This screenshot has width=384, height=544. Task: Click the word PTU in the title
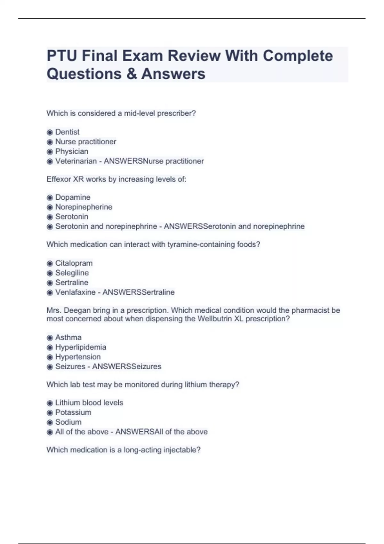pos(62,56)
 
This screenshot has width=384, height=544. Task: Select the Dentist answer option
pos(67,132)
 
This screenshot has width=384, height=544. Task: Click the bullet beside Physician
pos(50,152)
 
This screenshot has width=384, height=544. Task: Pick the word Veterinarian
pos(76,161)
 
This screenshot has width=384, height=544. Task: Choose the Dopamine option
pos(73,197)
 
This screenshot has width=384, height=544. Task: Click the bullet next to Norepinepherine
pos(50,207)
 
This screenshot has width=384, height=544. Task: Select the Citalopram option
pos(74,263)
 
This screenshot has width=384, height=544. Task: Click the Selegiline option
pos(72,273)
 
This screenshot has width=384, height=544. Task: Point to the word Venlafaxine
pos(75,292)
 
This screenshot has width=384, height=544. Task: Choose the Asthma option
pos(68,337)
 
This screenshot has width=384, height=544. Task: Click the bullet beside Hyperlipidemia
pos(50,348)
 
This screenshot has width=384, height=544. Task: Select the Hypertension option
pos(78,357)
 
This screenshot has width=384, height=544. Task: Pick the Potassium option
pos(73,412)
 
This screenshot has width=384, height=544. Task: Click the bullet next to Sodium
pos(50,422)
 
